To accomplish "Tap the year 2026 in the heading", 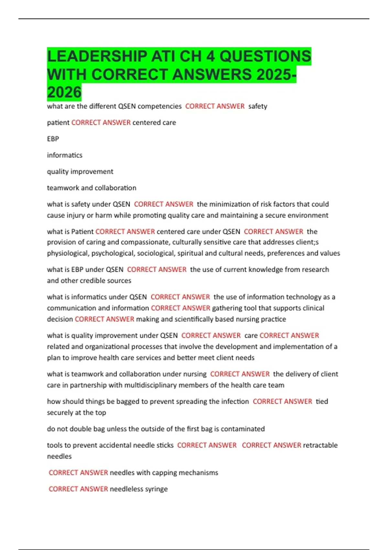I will (64, 93).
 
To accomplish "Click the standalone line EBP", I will (53, 139).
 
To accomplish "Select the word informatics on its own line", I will (65, 155).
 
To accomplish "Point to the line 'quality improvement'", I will (80, 171).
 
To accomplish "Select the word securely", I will (60, 412).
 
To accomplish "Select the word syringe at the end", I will (156, 489).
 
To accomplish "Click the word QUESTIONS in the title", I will (265, 56).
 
